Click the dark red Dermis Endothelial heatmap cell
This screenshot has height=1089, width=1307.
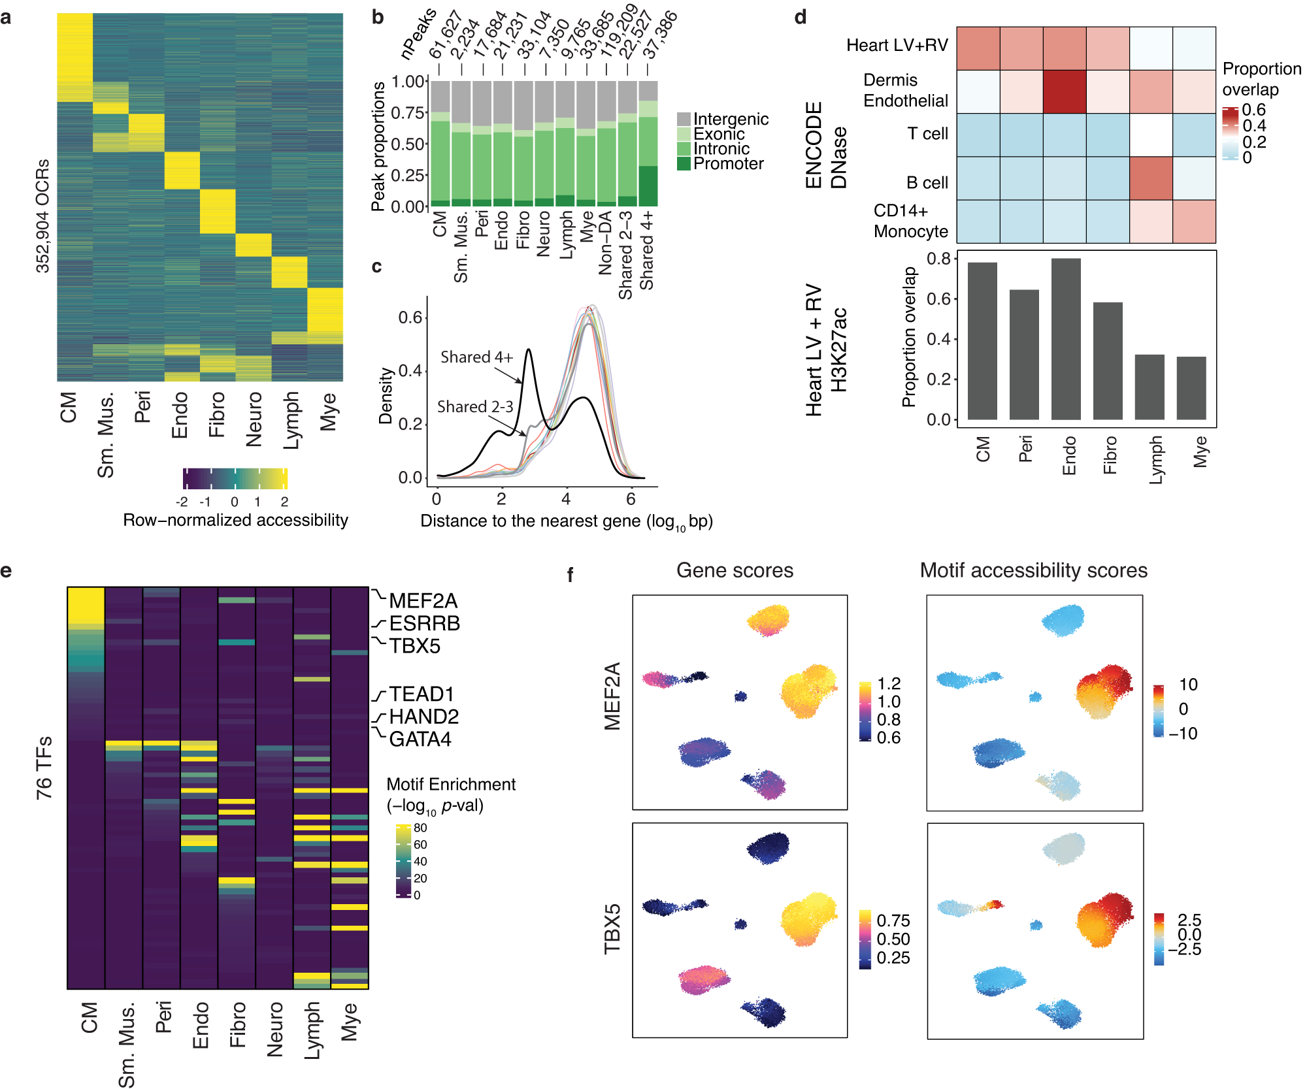[x=1065, y=91]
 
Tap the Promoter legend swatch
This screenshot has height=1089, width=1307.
[x=684, y=163]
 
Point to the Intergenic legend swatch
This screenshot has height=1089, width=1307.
[x=684, y=119]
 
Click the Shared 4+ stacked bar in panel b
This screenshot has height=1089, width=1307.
[x=648, y=144]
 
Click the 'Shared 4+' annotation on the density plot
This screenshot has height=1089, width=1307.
[x=476, y=357]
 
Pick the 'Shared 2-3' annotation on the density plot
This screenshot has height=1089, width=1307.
[x=475, y=406]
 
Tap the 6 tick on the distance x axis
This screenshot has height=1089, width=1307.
[x=630, y=499]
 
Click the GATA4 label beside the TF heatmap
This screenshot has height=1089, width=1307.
[x=420, y=739]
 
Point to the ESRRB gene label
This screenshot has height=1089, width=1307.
[x=424, y=623]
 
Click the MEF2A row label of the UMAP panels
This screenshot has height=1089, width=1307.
[x=612, y=696]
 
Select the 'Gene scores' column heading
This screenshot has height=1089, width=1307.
[x=735, y=570]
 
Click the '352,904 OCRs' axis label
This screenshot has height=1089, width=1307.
[x=42, y=216]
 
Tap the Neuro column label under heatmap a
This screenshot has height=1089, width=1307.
[x=254, y=419]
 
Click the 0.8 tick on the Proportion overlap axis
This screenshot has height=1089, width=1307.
[x=938, y=259]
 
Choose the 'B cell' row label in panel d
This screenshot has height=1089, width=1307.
[x=926, y=183]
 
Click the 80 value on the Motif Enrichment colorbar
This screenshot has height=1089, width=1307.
[x=420, y=828]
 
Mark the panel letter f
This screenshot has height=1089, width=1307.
[x=570, y=575]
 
